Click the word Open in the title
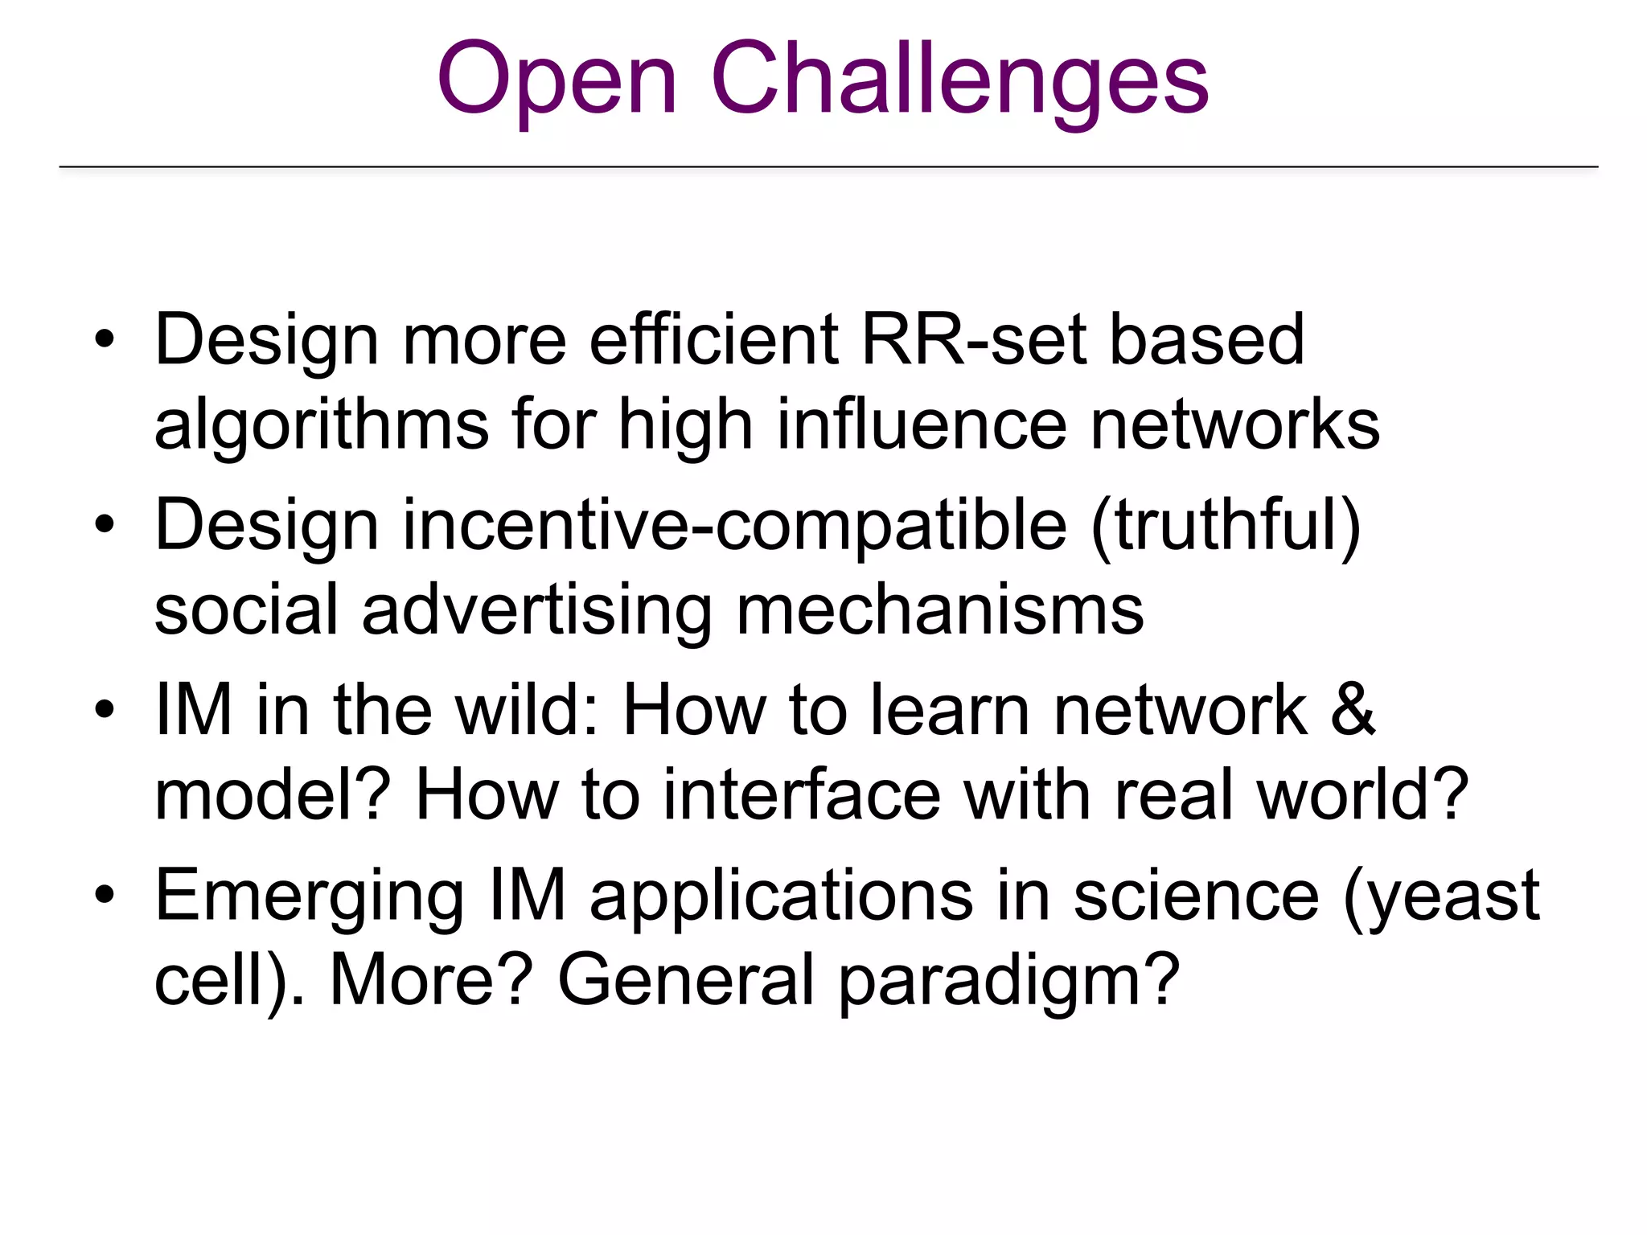click(x=557, y=80)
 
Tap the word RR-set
click(x=972, y=340)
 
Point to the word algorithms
click(x=322, y=426)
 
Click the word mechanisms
click(x=939, y=611)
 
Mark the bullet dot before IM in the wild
click(x=105, y=710)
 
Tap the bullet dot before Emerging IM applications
click(x=105, y=895)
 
